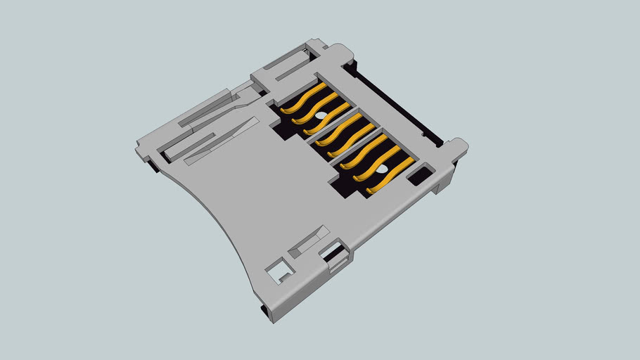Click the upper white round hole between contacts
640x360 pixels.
320,115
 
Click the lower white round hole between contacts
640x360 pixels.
380,169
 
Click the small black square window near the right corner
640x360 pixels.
420,175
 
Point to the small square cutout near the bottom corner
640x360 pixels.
277,271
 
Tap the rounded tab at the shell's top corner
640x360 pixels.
339,53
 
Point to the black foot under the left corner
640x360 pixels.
151,167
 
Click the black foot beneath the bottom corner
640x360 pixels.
265,312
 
